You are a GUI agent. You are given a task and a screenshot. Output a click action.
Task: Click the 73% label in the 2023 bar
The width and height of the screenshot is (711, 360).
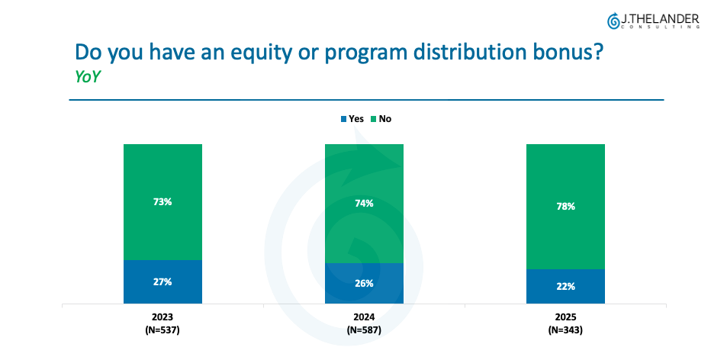162,201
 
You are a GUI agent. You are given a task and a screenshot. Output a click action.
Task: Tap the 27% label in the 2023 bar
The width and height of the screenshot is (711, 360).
162,281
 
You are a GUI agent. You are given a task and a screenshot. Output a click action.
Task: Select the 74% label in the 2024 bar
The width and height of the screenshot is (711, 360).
363,203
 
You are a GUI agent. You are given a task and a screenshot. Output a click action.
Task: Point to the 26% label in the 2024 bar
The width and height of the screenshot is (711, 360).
363,283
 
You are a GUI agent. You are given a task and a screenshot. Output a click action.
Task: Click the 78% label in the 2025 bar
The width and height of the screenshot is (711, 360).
565,206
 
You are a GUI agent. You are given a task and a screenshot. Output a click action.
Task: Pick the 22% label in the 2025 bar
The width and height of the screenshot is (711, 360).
565,286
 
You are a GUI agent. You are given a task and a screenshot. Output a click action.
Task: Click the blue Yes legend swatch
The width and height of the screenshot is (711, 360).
343,119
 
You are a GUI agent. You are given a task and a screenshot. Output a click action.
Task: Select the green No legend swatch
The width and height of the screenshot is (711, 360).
374,119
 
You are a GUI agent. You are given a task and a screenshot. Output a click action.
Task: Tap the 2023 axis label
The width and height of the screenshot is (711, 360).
162,317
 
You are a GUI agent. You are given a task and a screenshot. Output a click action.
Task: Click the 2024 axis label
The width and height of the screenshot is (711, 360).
363,317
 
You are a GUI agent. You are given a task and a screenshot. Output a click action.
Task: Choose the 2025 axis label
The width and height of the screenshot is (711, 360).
565,317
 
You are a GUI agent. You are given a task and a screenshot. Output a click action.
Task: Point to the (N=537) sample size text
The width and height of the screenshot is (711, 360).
162,329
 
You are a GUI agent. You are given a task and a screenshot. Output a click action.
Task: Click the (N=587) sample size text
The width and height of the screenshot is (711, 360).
363,329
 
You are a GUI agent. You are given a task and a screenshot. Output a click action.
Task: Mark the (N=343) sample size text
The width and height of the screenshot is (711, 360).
565,329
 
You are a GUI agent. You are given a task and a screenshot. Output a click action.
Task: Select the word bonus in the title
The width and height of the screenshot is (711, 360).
574,52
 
